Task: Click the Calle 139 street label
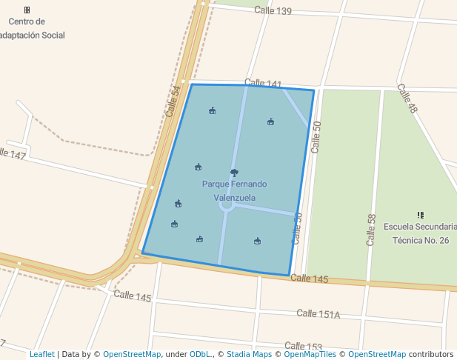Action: pyautogui.click(x=273, y=10)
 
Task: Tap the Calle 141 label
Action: pyautogui.click(x=263, y=83)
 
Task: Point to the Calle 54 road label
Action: pyautogui.click(x=173, y=101)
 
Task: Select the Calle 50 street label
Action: pyautogui.click(x=317, y=137)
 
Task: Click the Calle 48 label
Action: pyautogui.click(x=407, y=99)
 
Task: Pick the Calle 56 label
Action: pyautogui.click(x=298, y=228)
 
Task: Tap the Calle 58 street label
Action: pyautogui.click(x=372, y=230)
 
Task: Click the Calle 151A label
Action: pyautogui.click(x=318, y=314)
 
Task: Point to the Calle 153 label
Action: pyautogui.click(x=303, y=346)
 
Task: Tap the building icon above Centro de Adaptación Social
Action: pyautogui.click(x=27, y=10)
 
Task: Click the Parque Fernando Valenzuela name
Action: pyautogui.click(x=234, y=190)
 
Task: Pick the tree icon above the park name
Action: pyautogui.click(x=234, y=173)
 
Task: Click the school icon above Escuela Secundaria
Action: pyautogui.click(x=421, y=215)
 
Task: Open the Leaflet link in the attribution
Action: pyautogui.click(x=41, y=354)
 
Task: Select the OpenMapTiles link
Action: pyautogui.click(x=306, y=354)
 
